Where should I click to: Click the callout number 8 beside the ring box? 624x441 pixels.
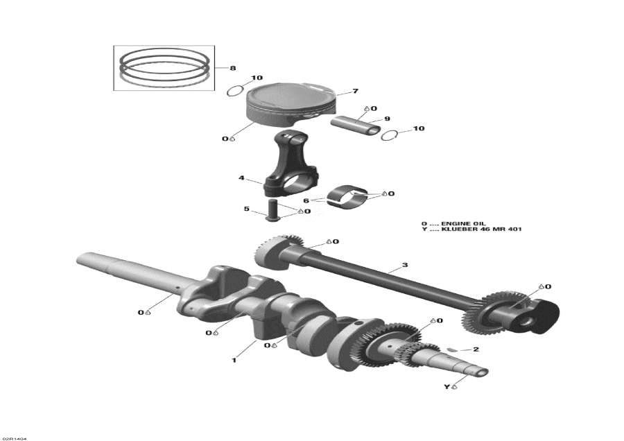coord(233,68)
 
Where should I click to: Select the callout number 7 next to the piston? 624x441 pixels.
coord(355,92)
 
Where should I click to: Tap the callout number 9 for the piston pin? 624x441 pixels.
coord(387,119)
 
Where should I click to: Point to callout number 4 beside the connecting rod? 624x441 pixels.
coord(241,178)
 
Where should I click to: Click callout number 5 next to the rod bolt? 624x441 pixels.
coord(245,208)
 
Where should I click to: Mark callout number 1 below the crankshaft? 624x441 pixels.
coord(234,360)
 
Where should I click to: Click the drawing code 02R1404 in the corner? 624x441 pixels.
coord(14,438)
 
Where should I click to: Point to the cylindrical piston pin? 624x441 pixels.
coord(354,125)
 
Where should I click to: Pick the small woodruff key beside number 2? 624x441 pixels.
coord(451,349)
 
